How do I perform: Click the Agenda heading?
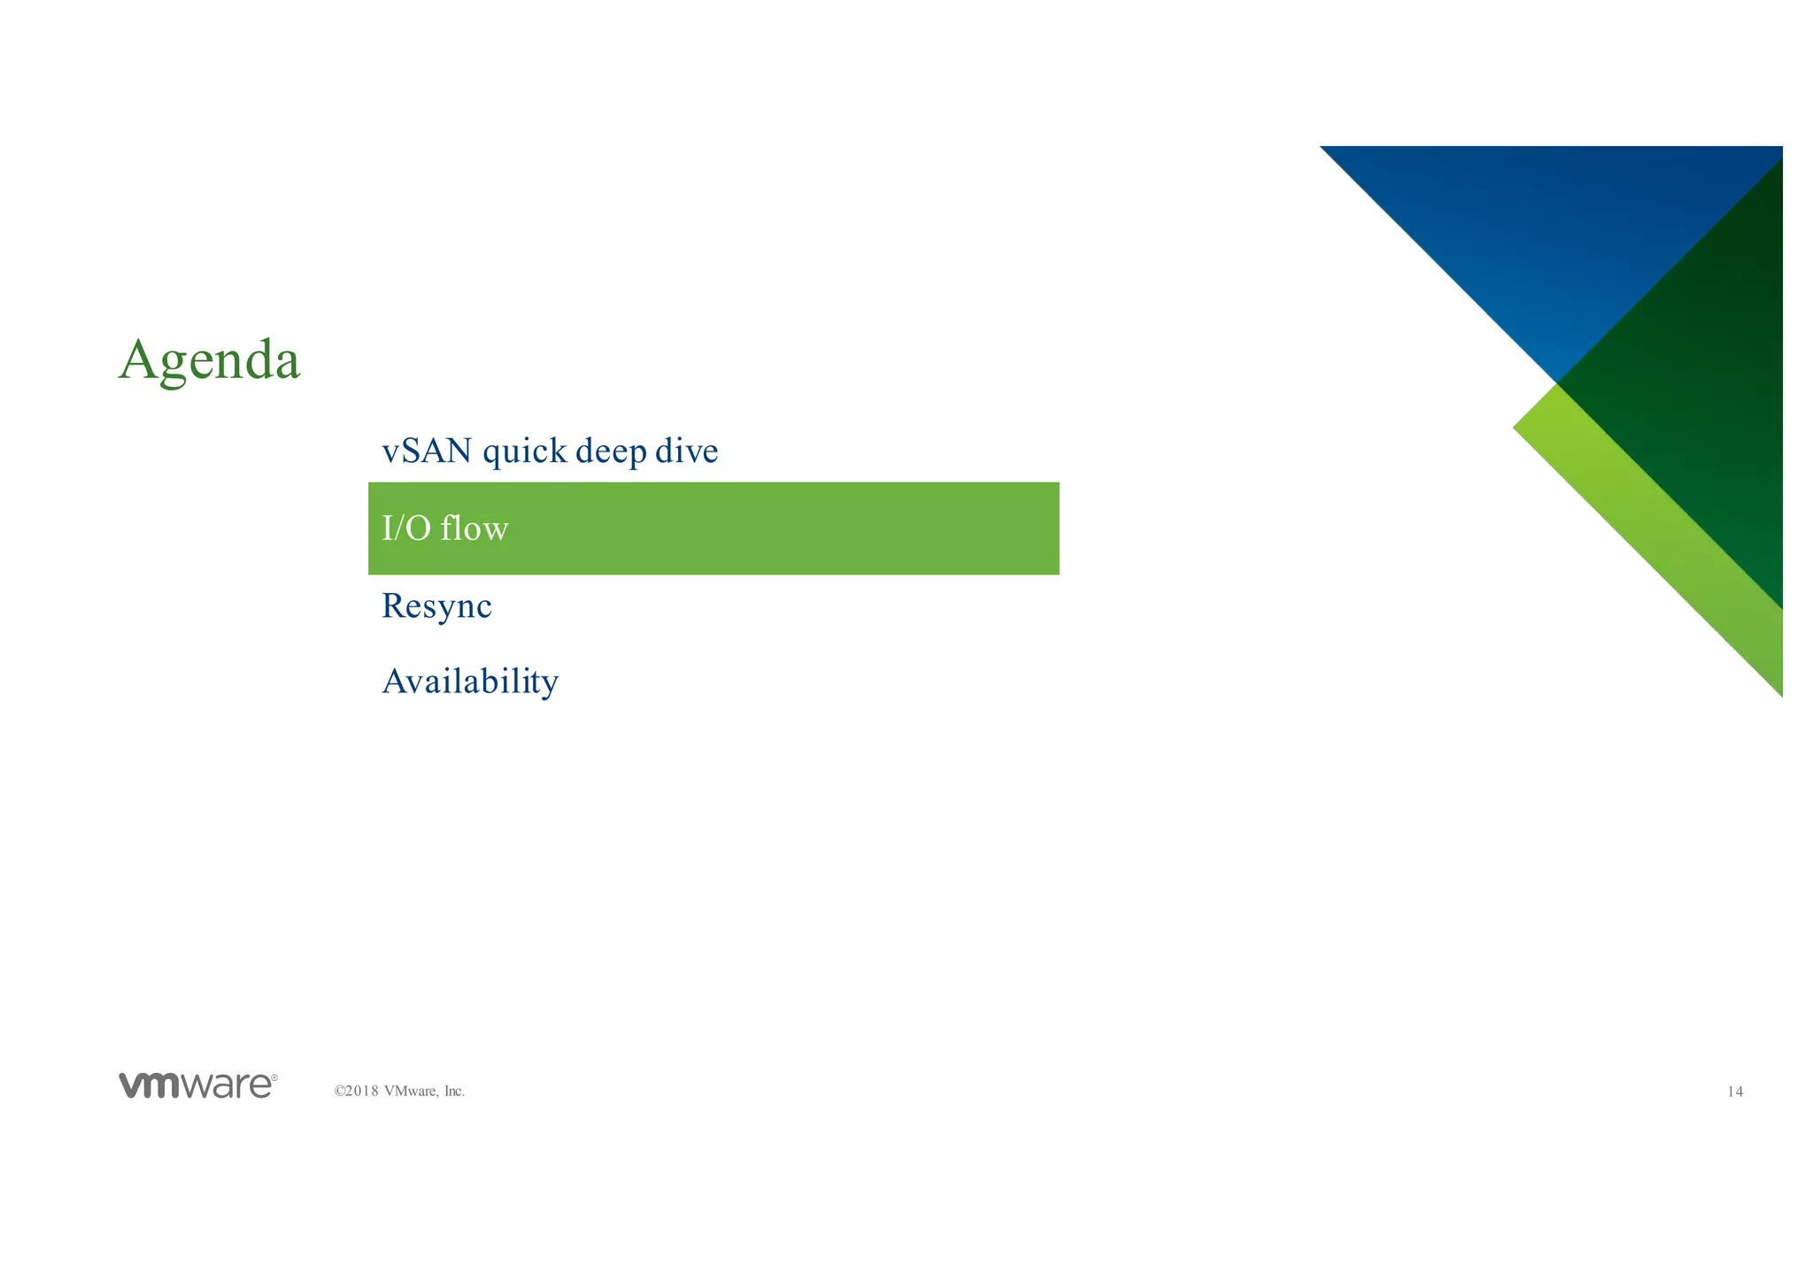coord(210,361)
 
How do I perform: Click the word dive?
coord(686,451)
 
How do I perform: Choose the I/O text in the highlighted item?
coord(406,529)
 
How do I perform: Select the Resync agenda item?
coord(436,607)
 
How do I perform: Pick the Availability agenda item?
coord(470,683)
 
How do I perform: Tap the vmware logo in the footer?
coord(197,1085)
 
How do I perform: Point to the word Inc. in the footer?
coord(454,1092)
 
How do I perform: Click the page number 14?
coord(1735,1092)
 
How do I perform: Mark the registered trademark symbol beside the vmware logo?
coord(274,1078)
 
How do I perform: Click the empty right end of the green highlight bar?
coord(974,529)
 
